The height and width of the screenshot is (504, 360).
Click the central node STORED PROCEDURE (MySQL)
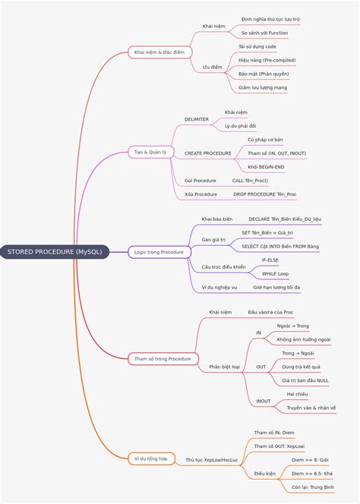pos(55,252)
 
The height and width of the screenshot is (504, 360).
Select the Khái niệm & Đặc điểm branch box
pos(160,52)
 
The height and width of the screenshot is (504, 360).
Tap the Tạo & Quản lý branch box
pos(150,152)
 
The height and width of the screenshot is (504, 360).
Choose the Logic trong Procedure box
pos(159,252)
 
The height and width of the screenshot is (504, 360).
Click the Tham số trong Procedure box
pos(163,359)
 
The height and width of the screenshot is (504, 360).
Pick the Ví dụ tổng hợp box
pos(151,458)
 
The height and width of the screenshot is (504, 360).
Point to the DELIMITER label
pos(197,119)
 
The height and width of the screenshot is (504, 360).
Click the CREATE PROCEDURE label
pos(208,153)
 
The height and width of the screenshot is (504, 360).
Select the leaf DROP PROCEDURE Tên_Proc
pos(265,194)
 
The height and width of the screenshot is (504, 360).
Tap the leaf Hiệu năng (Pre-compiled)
pos(267,60)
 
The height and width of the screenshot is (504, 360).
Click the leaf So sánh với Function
pos(265,33)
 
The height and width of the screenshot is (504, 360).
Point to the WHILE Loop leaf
pos(275,274)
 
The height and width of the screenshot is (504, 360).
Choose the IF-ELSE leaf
pos(270,260)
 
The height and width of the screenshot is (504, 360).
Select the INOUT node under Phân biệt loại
pos(263,401)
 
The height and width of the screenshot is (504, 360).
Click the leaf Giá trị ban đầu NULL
pos(305,380)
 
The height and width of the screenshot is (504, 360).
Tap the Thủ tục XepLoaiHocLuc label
pos(212,460)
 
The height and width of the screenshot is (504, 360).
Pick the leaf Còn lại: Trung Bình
pos(313,487)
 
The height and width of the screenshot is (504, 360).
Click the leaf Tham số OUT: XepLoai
pos(279,446)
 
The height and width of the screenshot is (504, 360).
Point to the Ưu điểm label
pos(213,68)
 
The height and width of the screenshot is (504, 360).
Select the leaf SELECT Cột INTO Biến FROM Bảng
pos(280,247)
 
